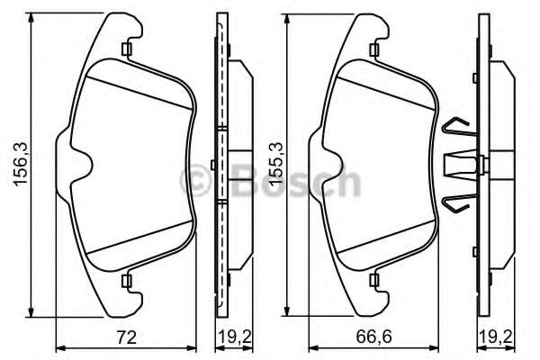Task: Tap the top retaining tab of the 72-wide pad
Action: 128,49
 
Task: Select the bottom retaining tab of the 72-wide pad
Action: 128,282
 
